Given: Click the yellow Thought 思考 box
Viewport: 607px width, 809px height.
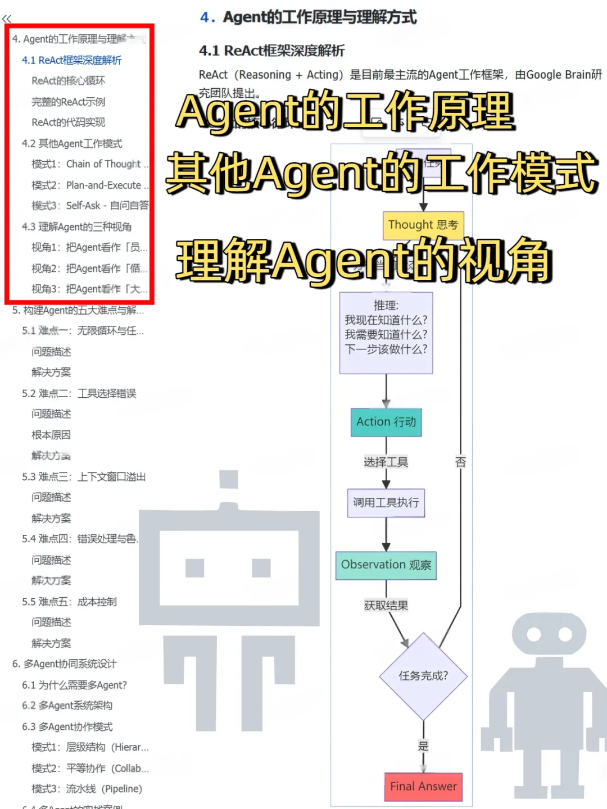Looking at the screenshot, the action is (x=423, y=225).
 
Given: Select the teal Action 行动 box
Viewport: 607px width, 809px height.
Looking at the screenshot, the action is (x=386, y=422).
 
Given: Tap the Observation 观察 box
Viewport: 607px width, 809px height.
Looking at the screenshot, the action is (x=386, y=565).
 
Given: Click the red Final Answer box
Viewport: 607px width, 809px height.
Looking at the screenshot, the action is (x=423, y=787).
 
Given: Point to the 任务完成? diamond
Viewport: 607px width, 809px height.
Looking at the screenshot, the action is (x=423, y=676).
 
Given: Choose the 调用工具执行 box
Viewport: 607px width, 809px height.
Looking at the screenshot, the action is (x=386, y=503).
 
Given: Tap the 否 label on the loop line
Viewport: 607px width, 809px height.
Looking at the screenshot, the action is (x=461, y=462).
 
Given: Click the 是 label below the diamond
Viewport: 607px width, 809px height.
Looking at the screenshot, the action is (x=423, y=746).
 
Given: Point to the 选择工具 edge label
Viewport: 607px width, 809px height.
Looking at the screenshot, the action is (x=386, y=462).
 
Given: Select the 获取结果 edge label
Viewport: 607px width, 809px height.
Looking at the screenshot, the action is (x=386, y=606).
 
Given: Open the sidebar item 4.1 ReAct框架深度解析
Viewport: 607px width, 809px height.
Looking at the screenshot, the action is (x=71, y=60).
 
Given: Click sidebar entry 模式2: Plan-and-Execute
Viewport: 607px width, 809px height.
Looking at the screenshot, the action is (x=89, y=185).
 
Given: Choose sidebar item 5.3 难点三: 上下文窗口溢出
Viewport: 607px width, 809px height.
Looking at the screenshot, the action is (x=84, y=477).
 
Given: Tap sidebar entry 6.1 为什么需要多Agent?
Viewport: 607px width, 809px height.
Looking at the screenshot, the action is (x=74, y=685).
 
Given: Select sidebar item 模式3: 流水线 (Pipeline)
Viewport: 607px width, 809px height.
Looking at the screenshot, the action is (x=87, y=789).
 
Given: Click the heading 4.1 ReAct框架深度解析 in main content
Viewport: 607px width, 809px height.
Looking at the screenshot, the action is (x=272, y=51).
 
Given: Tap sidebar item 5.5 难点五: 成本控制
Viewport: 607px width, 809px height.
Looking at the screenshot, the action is (x=69, y=602).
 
